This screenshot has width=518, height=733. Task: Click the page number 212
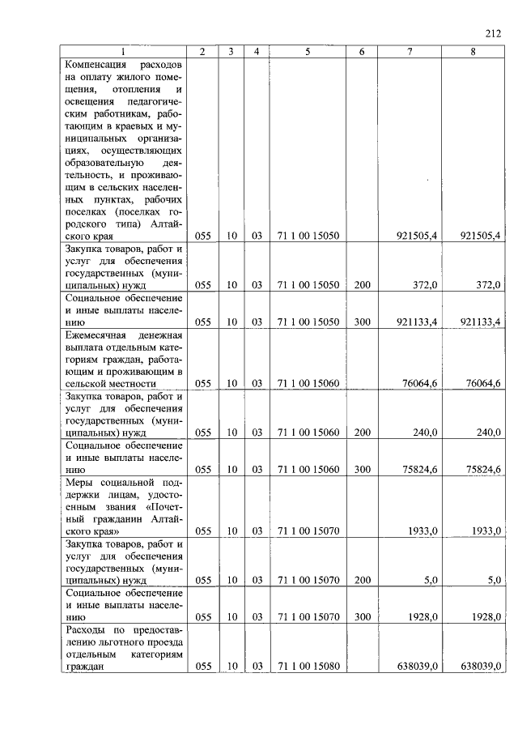493,33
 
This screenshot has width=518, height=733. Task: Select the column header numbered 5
308,52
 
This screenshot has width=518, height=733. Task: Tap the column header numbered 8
473,52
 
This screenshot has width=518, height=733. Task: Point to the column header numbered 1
124,52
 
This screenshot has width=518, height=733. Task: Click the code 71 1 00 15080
308,667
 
